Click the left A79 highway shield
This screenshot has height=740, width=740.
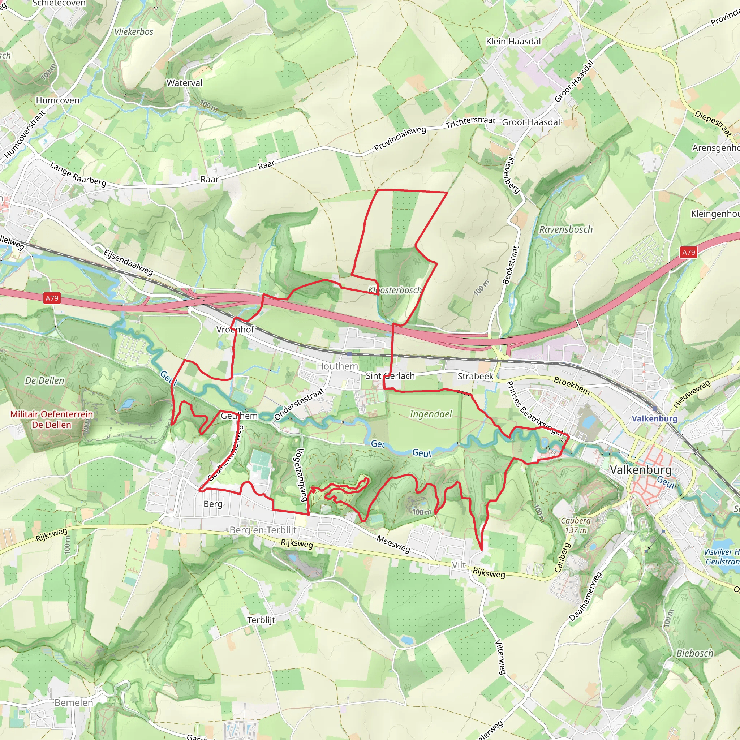click(x=52, y=298)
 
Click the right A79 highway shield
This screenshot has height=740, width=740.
click(x=688, y=252)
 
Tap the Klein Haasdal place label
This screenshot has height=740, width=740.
click(x=513, y=41)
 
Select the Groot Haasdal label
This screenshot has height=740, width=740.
click(x=531, y=122)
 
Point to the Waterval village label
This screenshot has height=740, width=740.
click(x=184, y=83)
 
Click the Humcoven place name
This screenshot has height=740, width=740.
click(x=57, y=100)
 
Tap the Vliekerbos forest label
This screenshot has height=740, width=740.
click(x=134, y=32)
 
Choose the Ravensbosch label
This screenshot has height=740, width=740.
click(x=566, y=229)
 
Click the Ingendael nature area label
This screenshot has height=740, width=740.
click(x=430, y=414)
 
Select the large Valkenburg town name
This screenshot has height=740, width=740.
click(x=640, y=470)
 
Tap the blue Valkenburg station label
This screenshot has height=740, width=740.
click(x=654, y=418)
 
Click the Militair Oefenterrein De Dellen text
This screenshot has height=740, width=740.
click(x=52, y=420)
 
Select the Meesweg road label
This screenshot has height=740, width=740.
click(x=393, y=544)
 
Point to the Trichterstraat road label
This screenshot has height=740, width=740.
click(x=470, y=122)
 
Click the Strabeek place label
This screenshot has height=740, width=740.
click(x=476, y=376)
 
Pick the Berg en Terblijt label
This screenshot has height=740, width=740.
click(x=263, y=530)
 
